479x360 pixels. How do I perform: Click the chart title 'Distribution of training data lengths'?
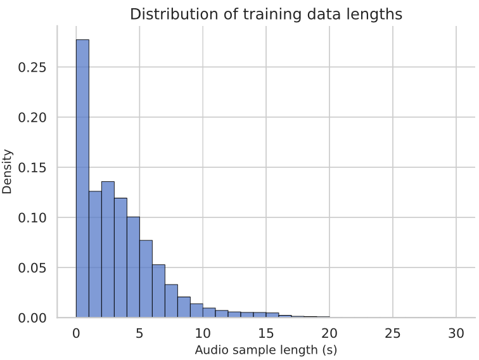coord(266,14)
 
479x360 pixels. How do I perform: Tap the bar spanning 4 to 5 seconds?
coord(133,267)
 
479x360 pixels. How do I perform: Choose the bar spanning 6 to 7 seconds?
coord(158,291)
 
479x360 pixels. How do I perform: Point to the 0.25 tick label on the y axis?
coord(31,67)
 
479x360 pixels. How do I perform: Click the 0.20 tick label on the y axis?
coord(31,117)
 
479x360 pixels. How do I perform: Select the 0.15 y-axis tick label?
coord(31,167)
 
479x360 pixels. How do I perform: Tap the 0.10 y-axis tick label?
coord(31,217)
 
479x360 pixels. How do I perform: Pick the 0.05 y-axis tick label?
coord(31,267)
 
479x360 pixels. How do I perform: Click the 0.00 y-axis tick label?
coord(31,318)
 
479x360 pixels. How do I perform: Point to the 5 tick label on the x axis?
coord(139,334)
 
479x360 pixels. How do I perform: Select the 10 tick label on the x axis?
coord(203,334)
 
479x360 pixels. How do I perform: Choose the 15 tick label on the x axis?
coord(266,334)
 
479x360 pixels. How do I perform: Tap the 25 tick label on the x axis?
coord(393,334)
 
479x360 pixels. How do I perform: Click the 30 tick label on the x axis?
coord(456,334)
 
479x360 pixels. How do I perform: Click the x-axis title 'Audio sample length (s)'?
coord(265,350)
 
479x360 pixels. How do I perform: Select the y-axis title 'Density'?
coord(8,171)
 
